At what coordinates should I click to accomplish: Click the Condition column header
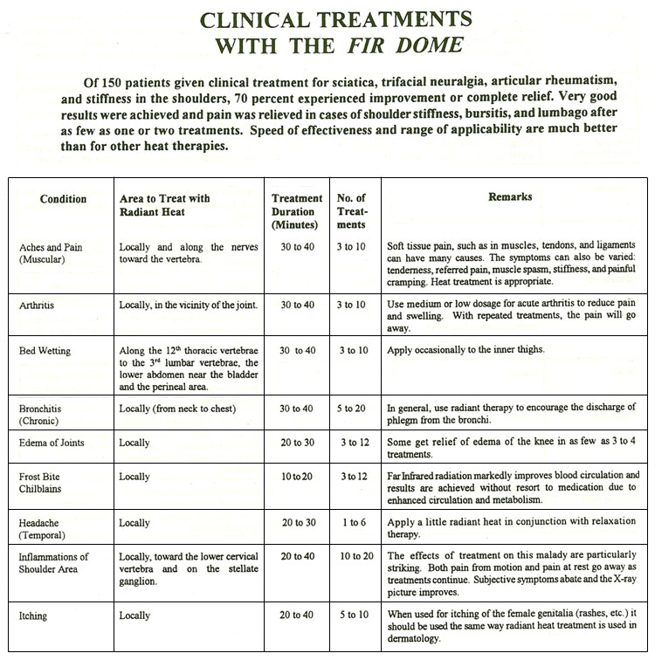(x=64, y=199)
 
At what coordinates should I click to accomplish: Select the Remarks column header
(x=510, y=197)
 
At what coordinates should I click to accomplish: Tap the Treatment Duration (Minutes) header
(x=297, y=211)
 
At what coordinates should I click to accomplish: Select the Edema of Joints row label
(x=52, y=443)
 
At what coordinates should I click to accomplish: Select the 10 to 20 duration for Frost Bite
(x=297, y=477)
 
